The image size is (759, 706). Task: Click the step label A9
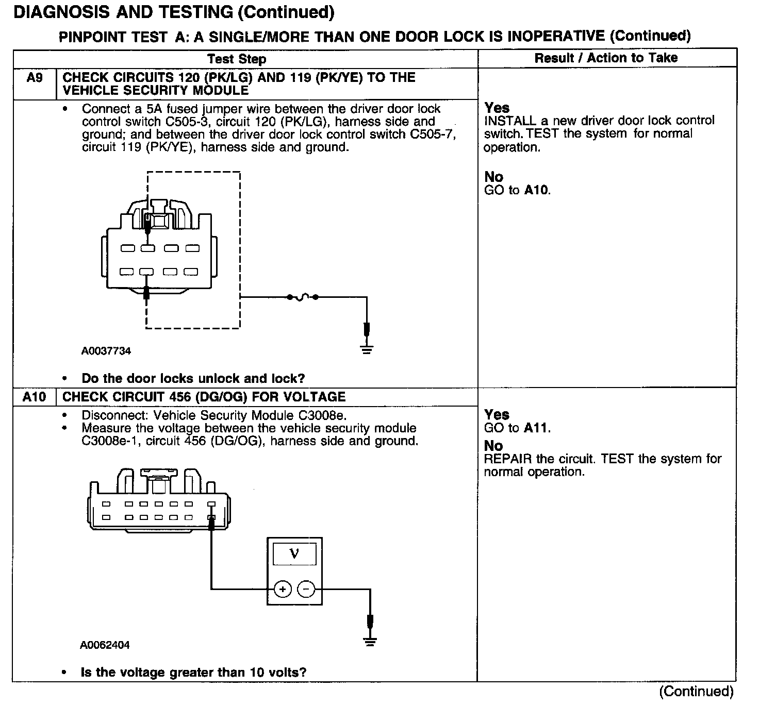coord(34,78)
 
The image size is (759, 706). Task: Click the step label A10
coord(34,397)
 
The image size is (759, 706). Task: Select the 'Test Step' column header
coord(237,59)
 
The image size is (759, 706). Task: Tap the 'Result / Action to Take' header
coord(606,58)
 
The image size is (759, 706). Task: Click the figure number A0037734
coord(106,351)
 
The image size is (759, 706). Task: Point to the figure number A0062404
coord(105,645)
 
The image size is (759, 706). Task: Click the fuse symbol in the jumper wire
coord(303,297)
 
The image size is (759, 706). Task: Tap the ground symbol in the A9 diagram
coord(367,348)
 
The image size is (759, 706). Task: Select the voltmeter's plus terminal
coord(283,589)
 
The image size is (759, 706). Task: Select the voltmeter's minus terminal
coord(306,589)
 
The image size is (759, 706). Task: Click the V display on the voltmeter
coord(294,554)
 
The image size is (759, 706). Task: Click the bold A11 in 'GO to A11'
coord(536,428)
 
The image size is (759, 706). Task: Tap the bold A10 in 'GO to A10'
coord(536,190)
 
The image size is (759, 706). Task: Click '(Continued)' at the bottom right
coord(696,692)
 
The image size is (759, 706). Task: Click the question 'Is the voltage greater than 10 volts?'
coord(193,673)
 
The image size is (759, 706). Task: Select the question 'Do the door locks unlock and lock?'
coord(193,379)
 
